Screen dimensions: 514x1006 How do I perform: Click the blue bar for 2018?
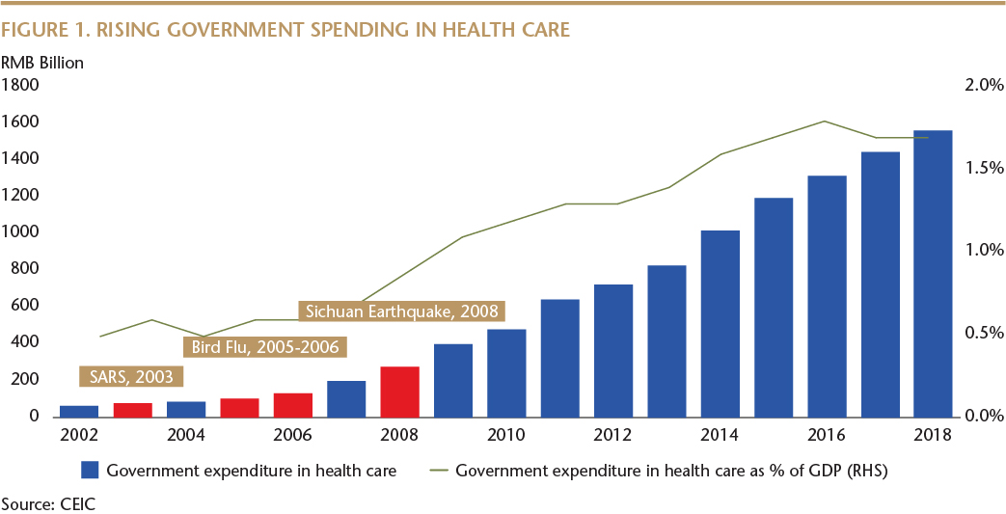933,273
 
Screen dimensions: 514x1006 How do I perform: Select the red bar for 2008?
399,391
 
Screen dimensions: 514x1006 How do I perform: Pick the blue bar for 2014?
720,323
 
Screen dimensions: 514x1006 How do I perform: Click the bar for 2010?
506,372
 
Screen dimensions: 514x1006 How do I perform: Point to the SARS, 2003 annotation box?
132,377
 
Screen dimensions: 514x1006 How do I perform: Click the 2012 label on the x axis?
612,435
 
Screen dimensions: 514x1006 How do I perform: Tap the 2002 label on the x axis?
79,435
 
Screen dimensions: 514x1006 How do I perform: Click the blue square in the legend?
91,471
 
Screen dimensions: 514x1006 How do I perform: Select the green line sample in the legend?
439,471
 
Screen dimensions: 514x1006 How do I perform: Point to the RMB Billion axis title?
42,63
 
